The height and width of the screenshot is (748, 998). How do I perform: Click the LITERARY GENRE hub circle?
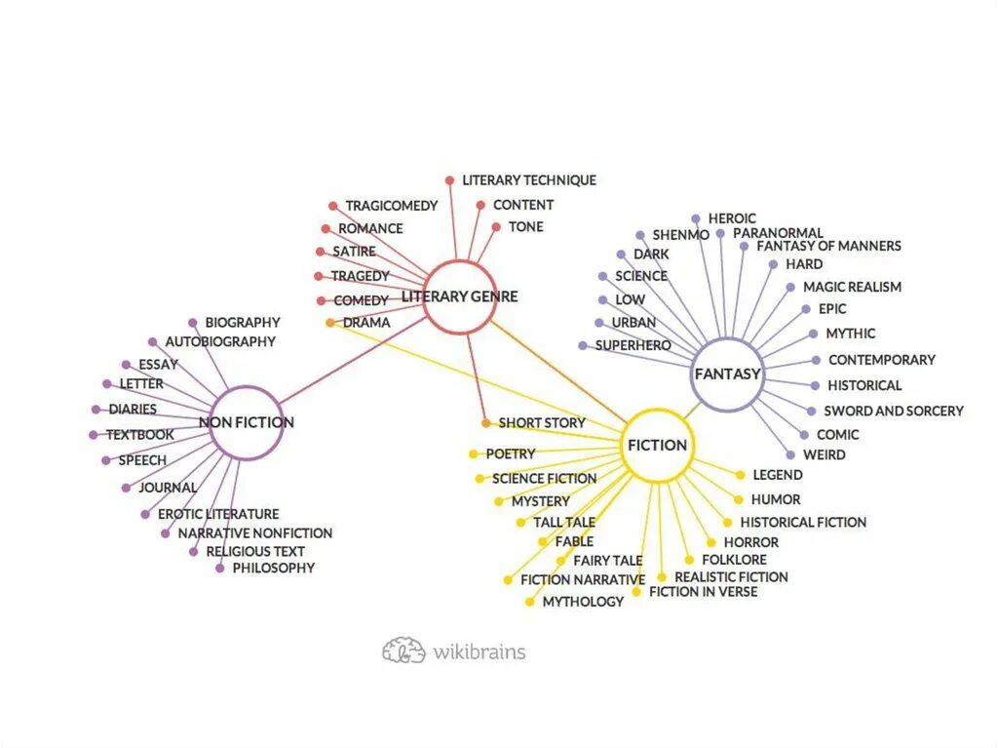point(460,296)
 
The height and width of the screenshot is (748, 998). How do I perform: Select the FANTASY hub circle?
point(727,374)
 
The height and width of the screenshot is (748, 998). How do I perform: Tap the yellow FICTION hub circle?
point(658,445)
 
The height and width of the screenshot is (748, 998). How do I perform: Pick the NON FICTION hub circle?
point(246,422)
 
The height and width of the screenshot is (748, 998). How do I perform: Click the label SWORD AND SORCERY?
point(893,411)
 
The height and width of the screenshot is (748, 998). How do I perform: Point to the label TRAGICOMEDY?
point(391,206)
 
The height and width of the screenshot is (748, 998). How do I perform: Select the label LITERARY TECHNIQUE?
point(528,180)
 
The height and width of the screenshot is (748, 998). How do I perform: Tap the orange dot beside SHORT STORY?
point(485,423)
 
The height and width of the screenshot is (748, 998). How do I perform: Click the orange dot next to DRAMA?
point(330,323)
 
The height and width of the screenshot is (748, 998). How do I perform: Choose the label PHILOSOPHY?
point(273,568)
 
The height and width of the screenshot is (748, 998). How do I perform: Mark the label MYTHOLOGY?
point(583,602)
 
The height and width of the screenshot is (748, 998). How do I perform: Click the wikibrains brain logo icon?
point(403,650)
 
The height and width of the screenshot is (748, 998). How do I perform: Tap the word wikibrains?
point(479,651)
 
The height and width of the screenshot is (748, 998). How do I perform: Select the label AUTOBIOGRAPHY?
point(219,341)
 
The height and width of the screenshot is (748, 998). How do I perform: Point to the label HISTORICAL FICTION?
point(802,523)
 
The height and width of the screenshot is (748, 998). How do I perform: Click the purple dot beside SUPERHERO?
point(582,346)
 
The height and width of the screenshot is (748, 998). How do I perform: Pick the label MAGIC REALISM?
point(852,287)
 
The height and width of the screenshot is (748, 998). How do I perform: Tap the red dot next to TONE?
point(496,227)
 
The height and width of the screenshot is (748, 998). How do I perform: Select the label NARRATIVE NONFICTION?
point(254,533)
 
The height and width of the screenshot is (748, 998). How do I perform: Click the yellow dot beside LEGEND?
point(741,475)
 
